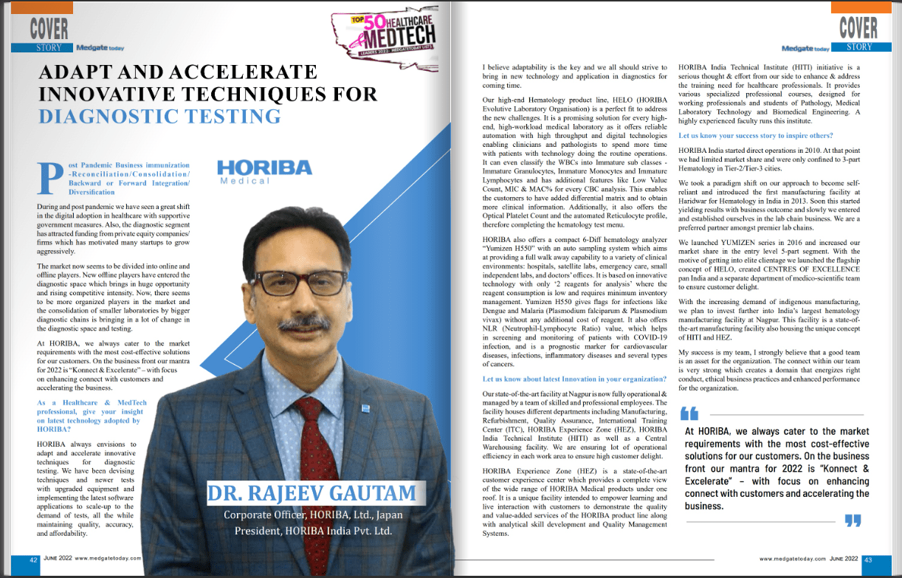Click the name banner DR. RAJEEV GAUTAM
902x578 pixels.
point(311,493)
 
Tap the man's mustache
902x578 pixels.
point(303,323)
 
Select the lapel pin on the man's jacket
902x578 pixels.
point(365,407)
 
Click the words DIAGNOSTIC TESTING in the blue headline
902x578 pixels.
point(159,116)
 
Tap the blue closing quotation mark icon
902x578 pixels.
point(853,521)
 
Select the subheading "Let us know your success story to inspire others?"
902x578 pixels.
point(756,136)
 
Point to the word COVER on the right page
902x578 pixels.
point(858,28)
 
